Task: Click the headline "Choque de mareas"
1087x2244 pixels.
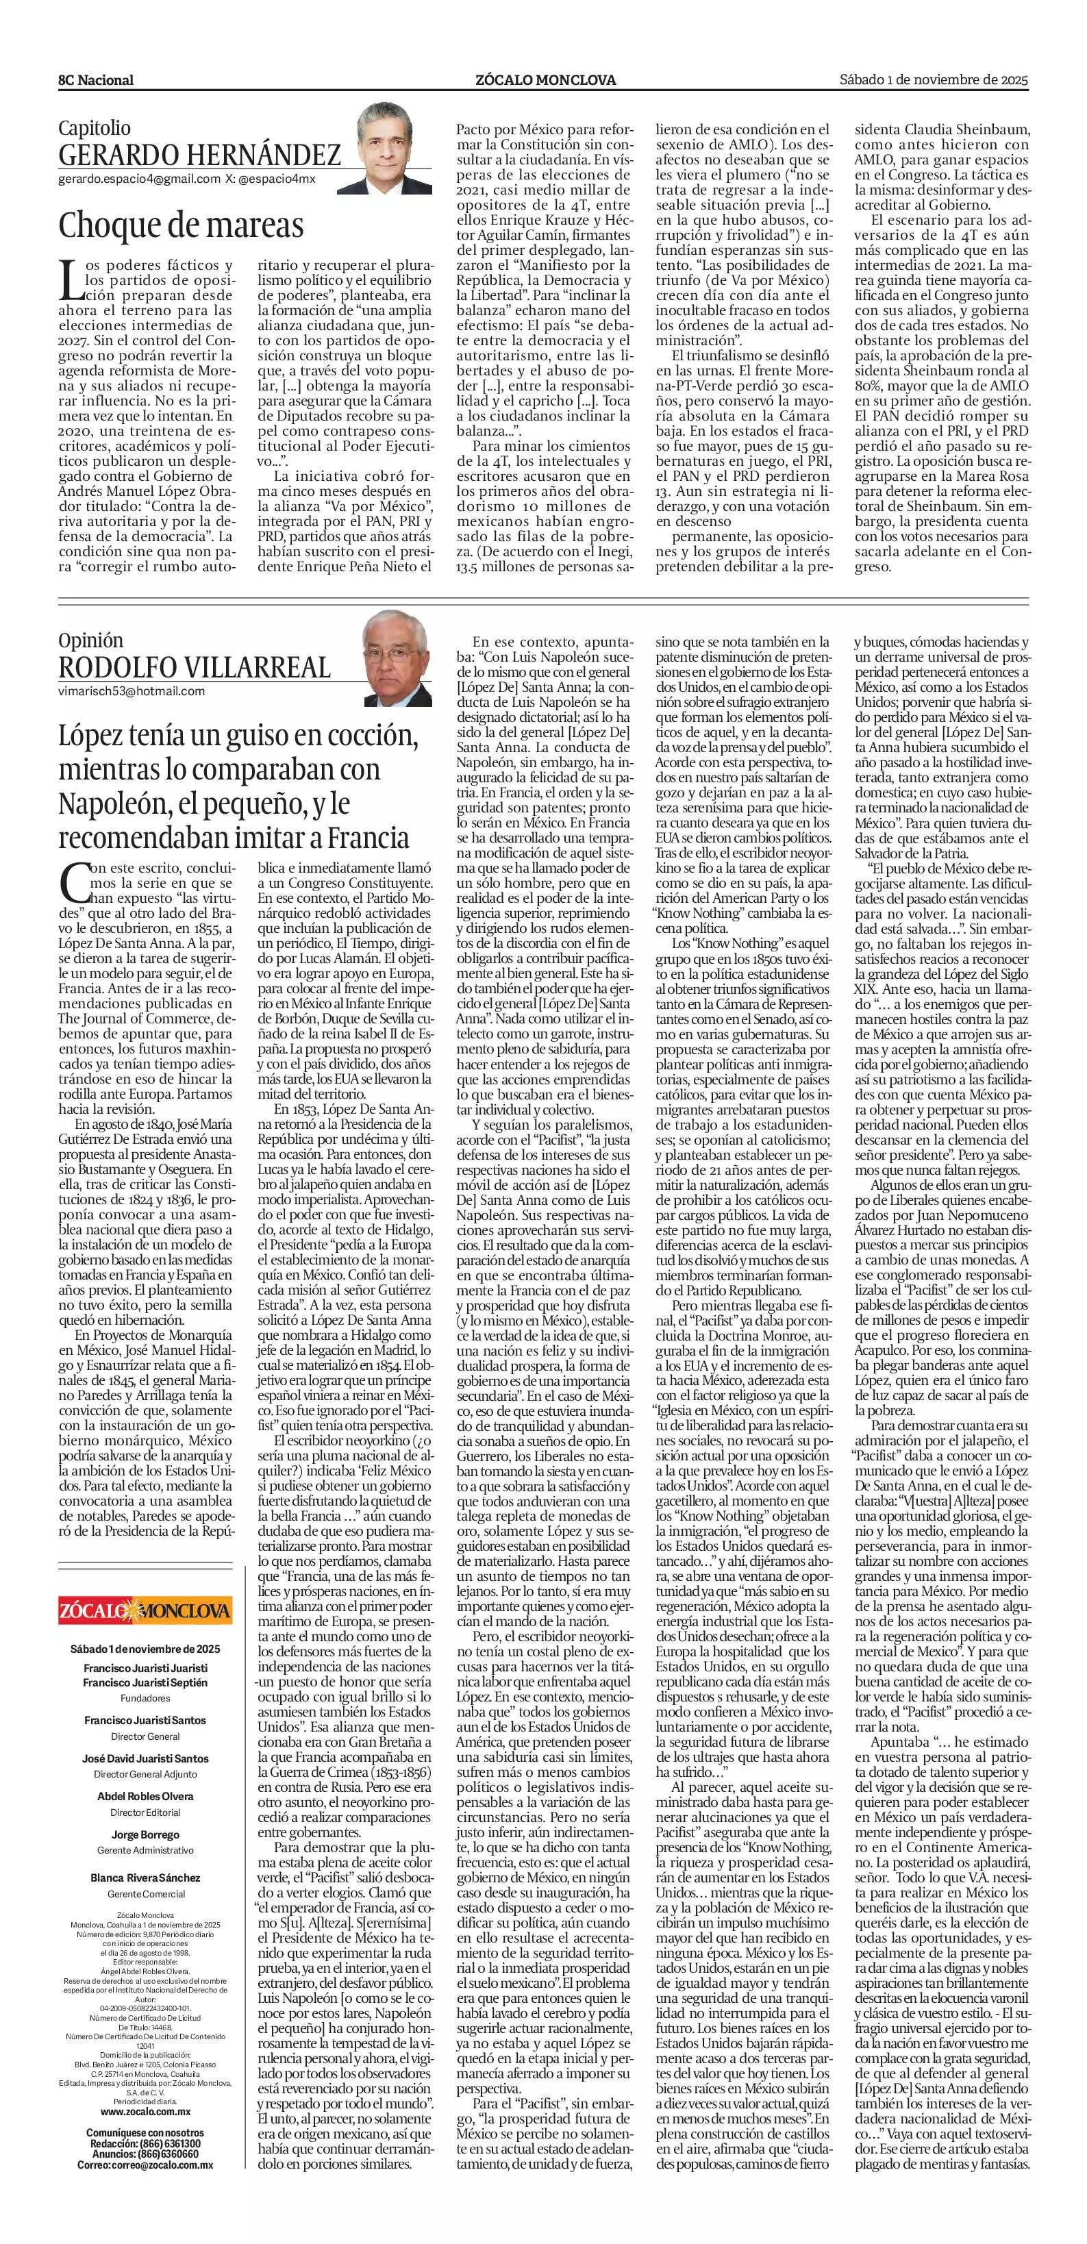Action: point(181,225)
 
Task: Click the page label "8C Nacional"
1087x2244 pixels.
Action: point(96,80)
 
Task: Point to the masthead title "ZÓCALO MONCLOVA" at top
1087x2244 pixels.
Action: point(545,80)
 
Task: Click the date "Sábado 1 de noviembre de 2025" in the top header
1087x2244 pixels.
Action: point(934,79)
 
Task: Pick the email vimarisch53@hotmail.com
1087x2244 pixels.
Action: point(132,690)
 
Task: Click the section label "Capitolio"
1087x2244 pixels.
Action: point(95,128)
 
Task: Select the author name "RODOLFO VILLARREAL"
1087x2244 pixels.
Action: point(195,667)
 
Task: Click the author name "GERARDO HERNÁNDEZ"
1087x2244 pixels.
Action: point(199,155)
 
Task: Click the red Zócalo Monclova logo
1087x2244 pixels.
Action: point(145,1609)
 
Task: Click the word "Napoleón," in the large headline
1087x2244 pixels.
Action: point(115,803)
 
